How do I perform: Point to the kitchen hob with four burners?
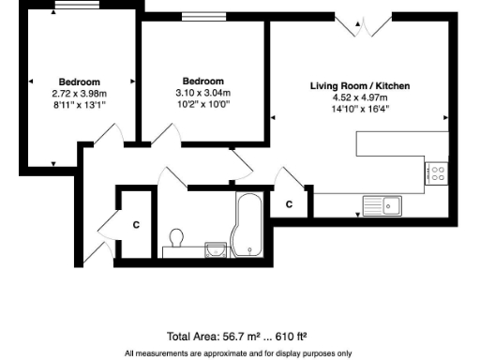pyautogui.click(x=436, y=173)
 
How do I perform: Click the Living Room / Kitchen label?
pyautogui.click(x=360, y=86)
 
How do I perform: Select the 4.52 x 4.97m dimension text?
pyautogui.click(x=360, y=97)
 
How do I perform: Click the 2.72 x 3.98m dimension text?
pyautogui.click(x=79, y=93)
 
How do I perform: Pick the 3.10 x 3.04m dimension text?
pyautogui.click(x=203, y=93)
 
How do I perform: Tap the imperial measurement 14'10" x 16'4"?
pyautogui.click(x=360, y=108)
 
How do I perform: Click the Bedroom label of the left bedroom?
pyautogui.click(x=79, y=82)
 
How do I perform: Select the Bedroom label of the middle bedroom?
pyautogui.click(x=203, y=81)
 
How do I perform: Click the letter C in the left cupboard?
pyautogui.click(x=136, y=225)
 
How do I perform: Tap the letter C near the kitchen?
pyautogui.click(x=290, y=203)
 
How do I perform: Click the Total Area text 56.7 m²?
pyautogui.click(x=237, y=336)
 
